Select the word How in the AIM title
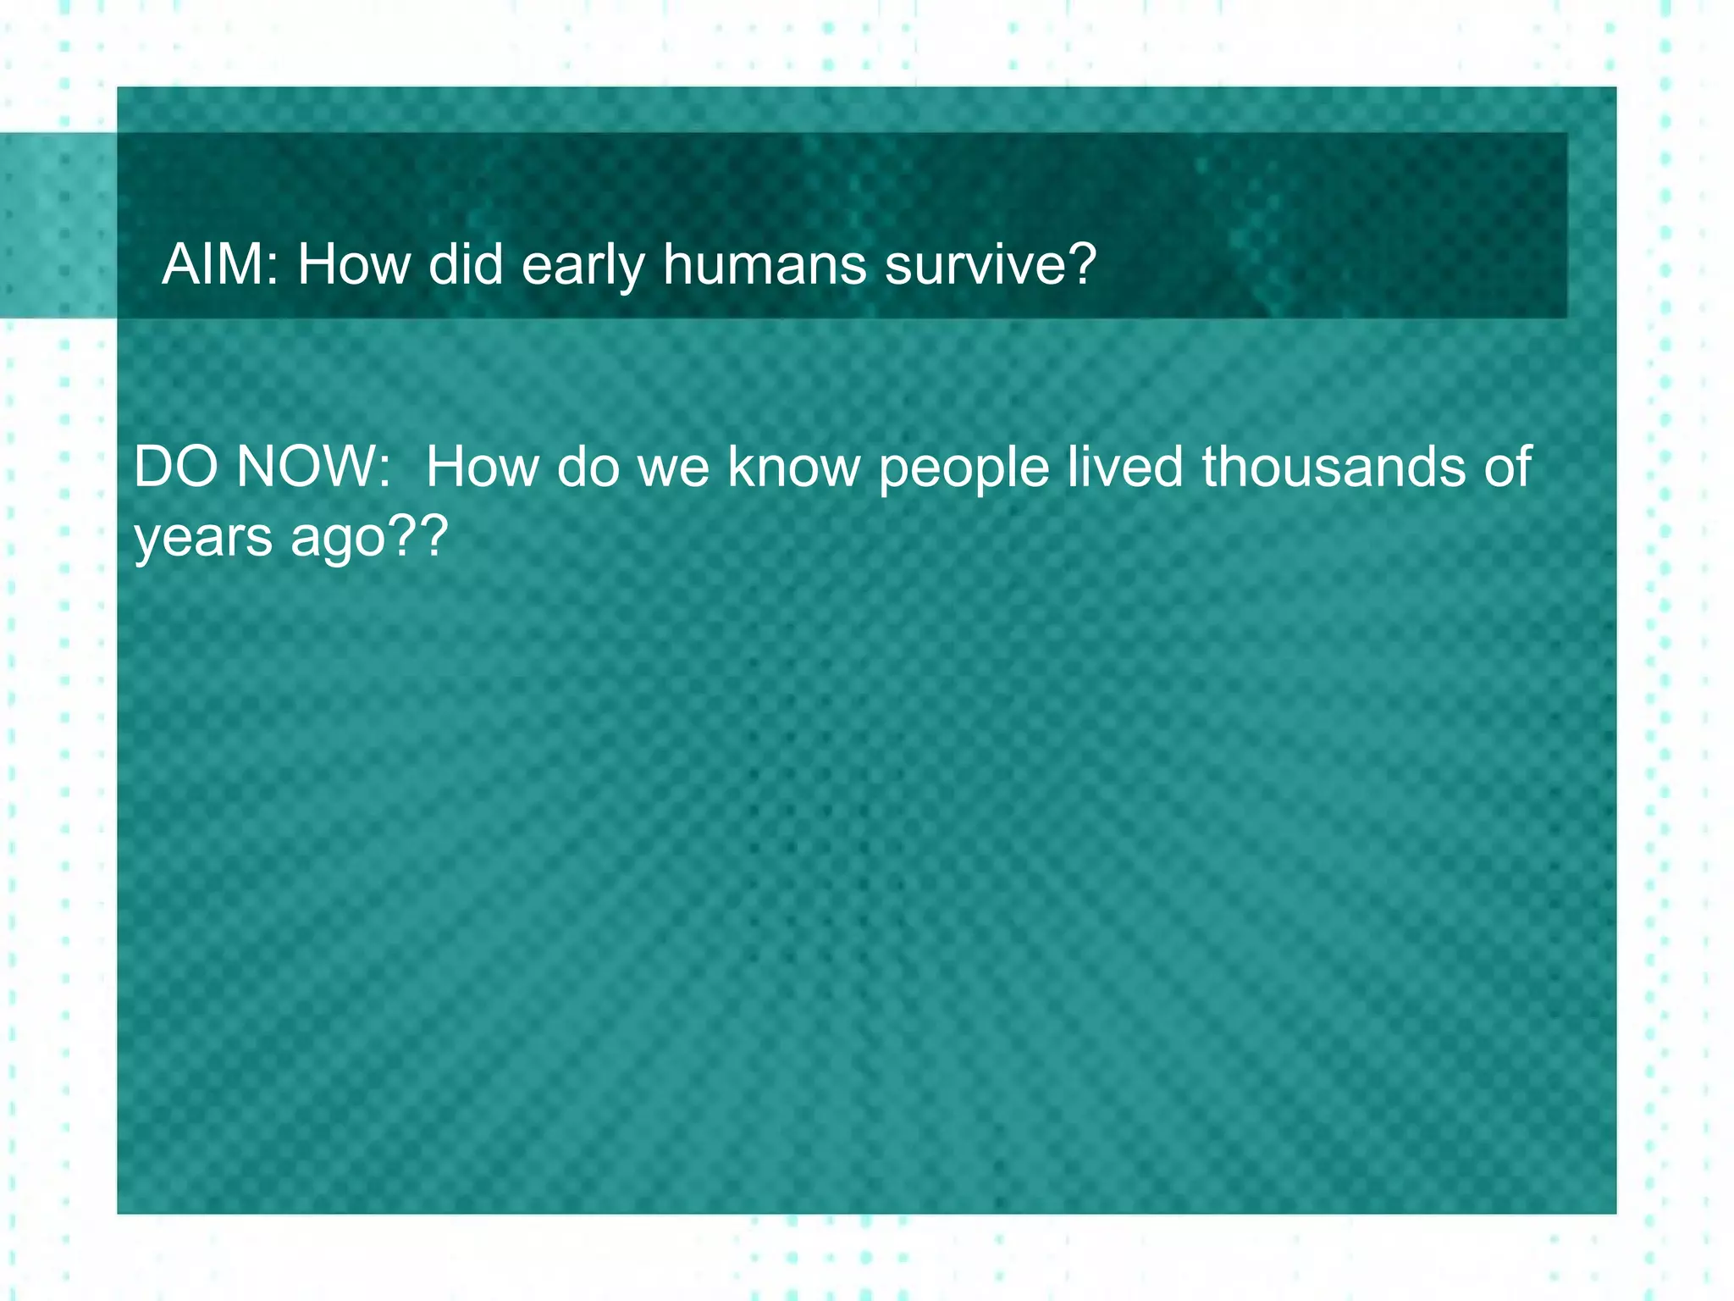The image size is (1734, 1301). tap(352, 264)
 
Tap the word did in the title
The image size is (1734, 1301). tap(466, 264)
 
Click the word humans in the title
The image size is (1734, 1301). tap(765, 264)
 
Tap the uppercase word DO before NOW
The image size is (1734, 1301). tap(175, 467)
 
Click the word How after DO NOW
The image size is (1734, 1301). tap(481, 467)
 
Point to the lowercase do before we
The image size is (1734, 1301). tap(588, 467)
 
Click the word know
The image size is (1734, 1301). tap(793, 467)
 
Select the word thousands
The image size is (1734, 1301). tap(1334, 467)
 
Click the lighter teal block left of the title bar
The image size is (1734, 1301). tap(58, 225)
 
